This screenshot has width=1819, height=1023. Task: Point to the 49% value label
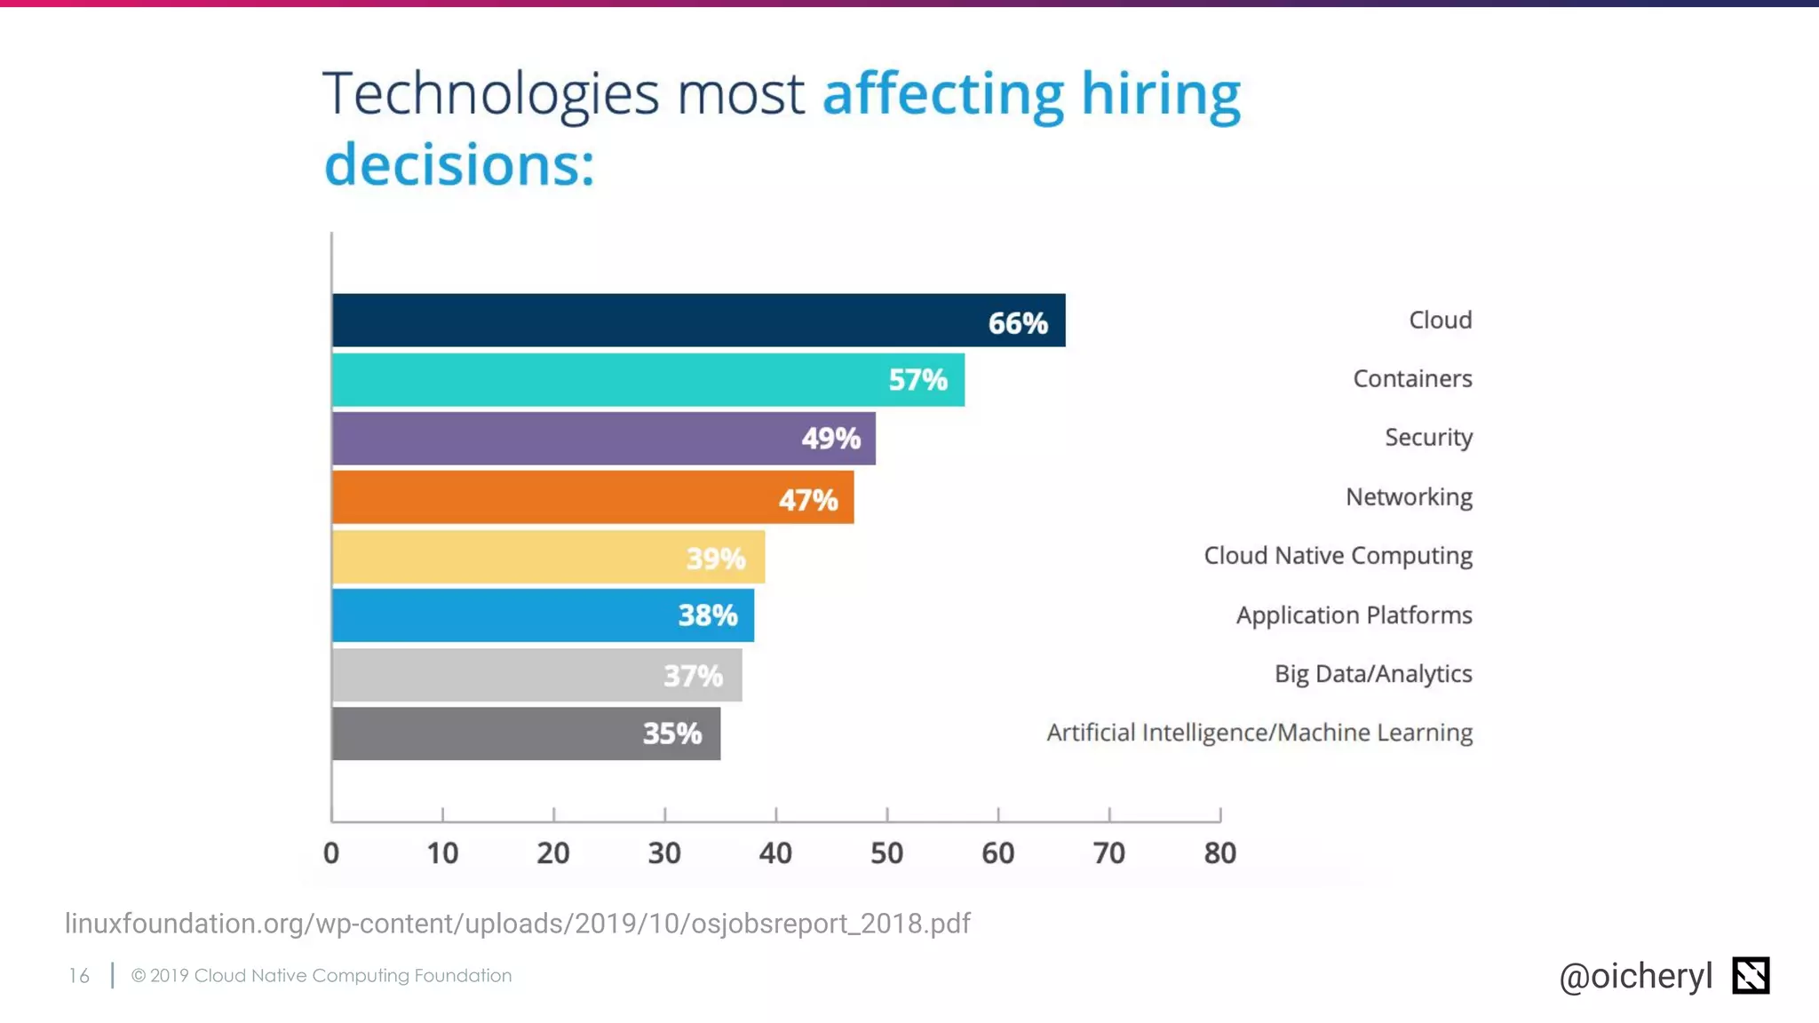pos(830,438)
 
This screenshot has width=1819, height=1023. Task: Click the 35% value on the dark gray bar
pos(672,734)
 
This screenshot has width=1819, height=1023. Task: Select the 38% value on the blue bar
pos(708,615)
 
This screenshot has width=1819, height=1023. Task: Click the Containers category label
pos(1412,378)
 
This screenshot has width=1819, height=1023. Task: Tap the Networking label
pos(1409,496)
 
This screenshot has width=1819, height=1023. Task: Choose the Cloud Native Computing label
pos(1338,556)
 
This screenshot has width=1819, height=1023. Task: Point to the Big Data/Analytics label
pos(1373,674)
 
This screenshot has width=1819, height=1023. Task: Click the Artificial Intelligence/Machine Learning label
pos(1259,733)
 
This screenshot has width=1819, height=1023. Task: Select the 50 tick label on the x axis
pos(886,853)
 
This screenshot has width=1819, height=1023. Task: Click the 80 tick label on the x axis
pos(1219,853)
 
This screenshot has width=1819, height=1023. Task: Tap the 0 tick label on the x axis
pos(331,853)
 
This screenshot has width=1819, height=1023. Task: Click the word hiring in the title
pos(1160,94)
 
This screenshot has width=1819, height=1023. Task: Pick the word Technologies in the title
pos(490,94)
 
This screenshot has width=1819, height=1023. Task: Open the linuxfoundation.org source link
pos(517,924)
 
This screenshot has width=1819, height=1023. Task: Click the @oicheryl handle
pos(1635,976)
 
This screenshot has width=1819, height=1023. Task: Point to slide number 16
pos(79,976)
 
